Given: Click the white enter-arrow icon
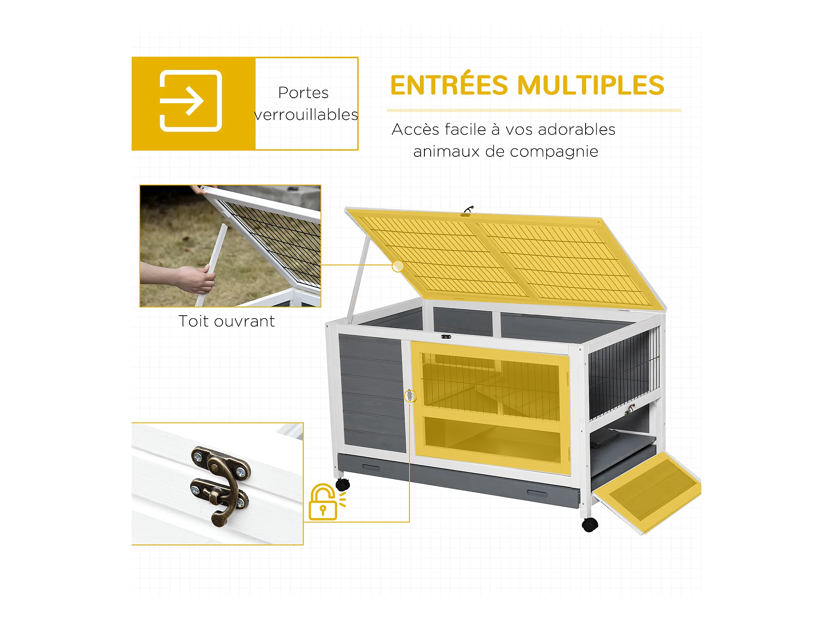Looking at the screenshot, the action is point(191,101).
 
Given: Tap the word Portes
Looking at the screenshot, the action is point(303,93).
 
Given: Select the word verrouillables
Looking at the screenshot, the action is point(306,114).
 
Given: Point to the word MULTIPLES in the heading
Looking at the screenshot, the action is point(591,85).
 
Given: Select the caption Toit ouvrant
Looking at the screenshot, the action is point(227,321).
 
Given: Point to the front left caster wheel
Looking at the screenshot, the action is point(343,484).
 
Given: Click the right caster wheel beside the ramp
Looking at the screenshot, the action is point(590,524).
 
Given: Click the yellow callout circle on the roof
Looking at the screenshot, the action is point(398,266).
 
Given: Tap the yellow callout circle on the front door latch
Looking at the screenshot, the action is point(410,396).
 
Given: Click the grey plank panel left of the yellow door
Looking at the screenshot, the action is point(372,393).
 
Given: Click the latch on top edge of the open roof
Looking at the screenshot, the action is point(467,211).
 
